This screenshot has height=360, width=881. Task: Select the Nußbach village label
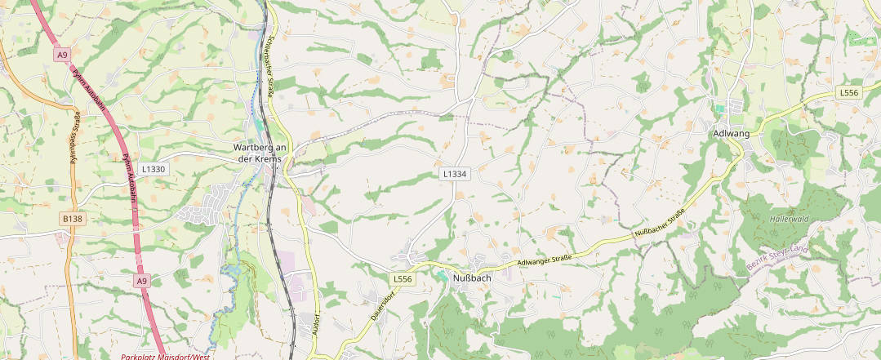[x=471, y=277]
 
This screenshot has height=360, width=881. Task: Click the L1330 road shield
[x=153, y=169]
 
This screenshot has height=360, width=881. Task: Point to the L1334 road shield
[x=454, y=174]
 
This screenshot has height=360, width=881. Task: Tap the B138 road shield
[x=73, y=219]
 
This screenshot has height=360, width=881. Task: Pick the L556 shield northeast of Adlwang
[x=849, y=93]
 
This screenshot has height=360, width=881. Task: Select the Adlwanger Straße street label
[x=544, y=260]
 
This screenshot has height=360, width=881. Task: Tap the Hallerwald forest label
[x=788, y=219]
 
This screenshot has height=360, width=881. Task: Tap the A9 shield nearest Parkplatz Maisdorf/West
[x=143, y=281]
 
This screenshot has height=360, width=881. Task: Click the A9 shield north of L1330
[x=62, y=55]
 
